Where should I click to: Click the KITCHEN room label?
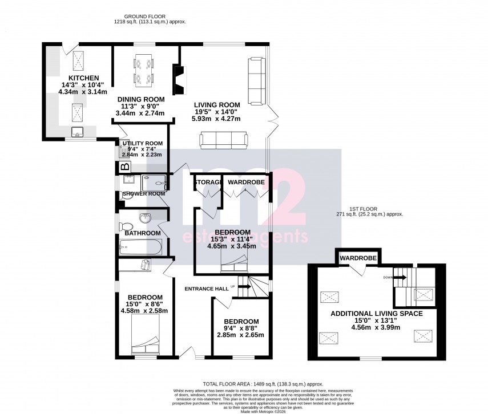tap(84, 78)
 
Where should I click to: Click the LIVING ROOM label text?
tap(216, 105)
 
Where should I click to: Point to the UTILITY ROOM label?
tap(142, 143)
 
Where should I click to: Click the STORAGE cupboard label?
tap(207, 182)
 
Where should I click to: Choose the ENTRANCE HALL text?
tap(206, 289)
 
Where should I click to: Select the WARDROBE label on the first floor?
tap(358, 258)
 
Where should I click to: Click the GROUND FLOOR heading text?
tap(149, 16)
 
